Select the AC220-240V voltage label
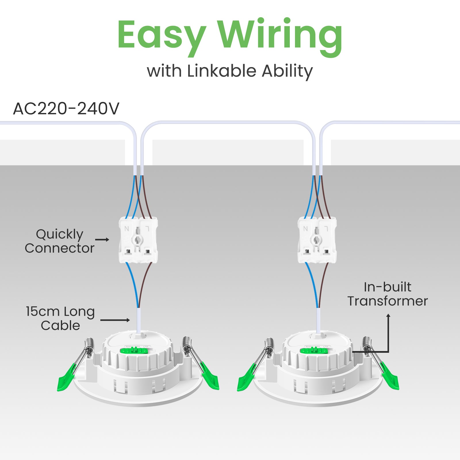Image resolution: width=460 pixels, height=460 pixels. coord(66,109)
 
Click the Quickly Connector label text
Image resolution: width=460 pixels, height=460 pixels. coord(60,241)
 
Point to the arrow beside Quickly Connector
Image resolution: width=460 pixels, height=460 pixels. coord(102,239)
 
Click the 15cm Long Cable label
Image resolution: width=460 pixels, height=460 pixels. coord(60,318)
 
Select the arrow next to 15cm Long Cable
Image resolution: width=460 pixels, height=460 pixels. coord(115,320)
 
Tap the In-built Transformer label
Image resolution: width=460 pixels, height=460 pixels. coord(388,294)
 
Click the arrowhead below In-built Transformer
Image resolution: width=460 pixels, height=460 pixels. coord(388,316)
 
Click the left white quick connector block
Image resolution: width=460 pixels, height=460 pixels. coord(138,240)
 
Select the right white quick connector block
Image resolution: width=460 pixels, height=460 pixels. coord(317,240)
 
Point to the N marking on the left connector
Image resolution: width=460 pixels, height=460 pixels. coord(127,229)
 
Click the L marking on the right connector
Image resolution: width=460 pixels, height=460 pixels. coord(326,229)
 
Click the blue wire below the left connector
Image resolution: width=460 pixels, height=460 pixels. coord(133,285)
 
